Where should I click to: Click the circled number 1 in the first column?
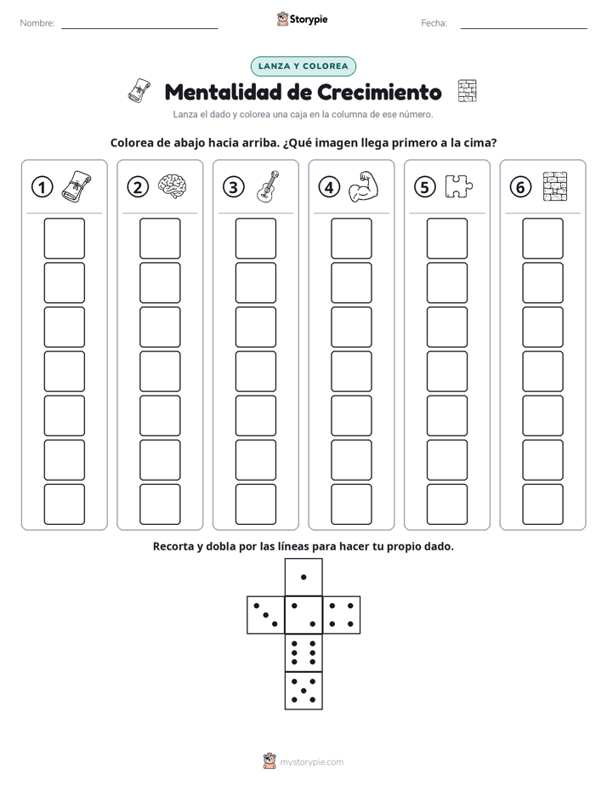(x=42, y=187)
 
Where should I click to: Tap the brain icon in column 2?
(x=173, y=186)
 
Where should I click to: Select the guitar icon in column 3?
(x=268, y=186)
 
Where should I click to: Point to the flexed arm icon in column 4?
(x=364, y=186)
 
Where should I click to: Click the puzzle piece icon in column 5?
(x=459, y=186)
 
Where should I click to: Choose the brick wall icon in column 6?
(x=555, y=186)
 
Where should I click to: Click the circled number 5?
(x=425, y=187)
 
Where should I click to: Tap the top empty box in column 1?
(x=64, y=238)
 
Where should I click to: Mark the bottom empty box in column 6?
(x=542, y=504)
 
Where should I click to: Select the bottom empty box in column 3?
(x=255, y=504)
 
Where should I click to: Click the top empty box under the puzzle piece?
(x=446, y=238)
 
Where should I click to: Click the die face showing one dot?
(x=303, y=577)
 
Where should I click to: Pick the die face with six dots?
(x=303, y=652)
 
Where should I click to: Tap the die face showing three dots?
(x=266, y=614)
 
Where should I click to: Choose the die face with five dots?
(x=303, y=690)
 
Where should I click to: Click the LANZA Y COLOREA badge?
(x=303, y=66)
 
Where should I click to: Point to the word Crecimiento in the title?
(x=379, y=92)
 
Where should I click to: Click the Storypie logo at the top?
(x=302, y=19)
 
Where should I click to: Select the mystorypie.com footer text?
(x=311, y=762)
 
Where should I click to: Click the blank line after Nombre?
(x=139, y=29)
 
